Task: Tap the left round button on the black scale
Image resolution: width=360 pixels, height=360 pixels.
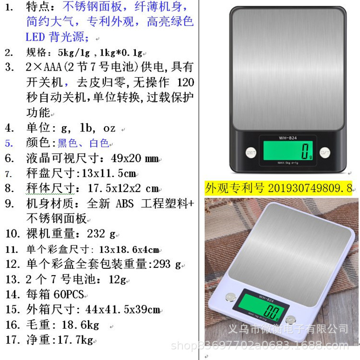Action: click(x=250, y=153)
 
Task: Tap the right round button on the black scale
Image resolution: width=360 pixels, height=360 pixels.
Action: click(x=325, y=153)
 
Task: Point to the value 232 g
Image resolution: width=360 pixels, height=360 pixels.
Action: click(x=101, y=234)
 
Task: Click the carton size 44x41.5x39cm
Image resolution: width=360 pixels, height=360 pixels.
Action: click(x=122, y=310)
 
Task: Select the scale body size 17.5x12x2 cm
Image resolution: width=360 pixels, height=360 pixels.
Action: click(x=123, y=188)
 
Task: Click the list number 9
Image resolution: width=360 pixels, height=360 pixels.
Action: click(x=10, y=204)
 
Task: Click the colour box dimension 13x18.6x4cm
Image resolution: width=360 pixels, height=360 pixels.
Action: click(x=128, y=249)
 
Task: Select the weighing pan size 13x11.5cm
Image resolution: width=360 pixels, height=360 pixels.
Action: click(x=106, y=173)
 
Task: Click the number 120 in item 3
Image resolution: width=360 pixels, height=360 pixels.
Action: click(x=185, y=82)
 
